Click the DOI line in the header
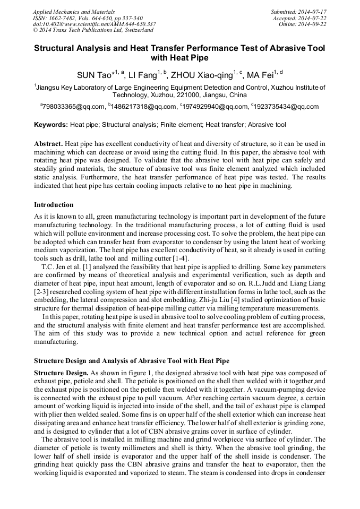coord(94,24)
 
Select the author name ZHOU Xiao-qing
coord(201,75)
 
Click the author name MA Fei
coord(262,75)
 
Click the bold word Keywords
coord(51,125)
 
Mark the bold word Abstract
coord(49,144)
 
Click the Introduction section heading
coord(54,205)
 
